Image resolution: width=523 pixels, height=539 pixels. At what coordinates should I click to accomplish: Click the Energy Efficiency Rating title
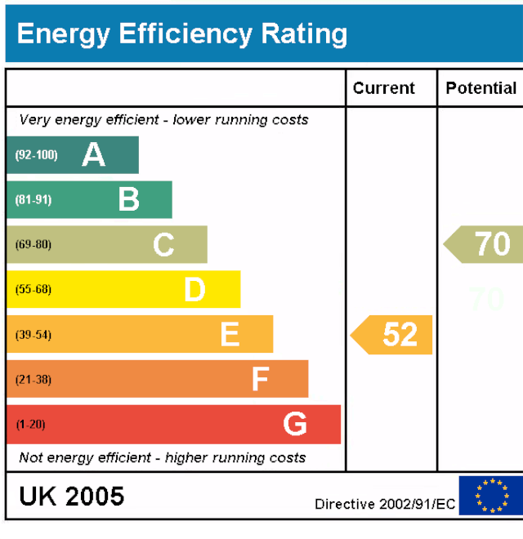click(181, 34)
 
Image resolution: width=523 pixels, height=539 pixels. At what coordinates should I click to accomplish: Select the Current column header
click(384, 88)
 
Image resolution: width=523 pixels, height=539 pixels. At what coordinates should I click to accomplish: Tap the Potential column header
click(481, 88)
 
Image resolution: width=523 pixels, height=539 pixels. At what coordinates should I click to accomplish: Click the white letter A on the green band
click(94, 154)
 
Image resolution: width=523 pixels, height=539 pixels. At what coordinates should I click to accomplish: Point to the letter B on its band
click(128, 199)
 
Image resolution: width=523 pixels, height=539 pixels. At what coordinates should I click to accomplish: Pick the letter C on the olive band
click(163, 244)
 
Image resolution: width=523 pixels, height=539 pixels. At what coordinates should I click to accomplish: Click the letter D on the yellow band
click(194, 289)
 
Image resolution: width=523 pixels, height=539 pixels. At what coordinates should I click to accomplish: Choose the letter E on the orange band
click(230, 334)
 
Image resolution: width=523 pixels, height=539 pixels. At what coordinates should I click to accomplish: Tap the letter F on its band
click(260, 379)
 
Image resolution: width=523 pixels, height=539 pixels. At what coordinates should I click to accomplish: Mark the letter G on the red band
click(295, 424)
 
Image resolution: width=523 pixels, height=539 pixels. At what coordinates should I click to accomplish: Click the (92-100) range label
click(36, 154)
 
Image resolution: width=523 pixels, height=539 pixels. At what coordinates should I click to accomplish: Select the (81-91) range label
click(33, 199)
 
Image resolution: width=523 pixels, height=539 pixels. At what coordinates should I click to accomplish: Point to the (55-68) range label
click(33, 289)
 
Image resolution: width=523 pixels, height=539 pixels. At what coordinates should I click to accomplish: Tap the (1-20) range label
click(30, 424)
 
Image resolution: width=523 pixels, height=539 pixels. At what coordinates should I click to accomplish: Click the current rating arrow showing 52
click(393, 334)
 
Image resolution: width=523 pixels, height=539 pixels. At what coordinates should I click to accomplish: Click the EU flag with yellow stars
click(491, 496)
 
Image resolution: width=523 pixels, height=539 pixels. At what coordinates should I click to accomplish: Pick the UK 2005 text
click(72, 496)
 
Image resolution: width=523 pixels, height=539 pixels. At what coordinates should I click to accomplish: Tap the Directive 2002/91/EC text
click(385, 504)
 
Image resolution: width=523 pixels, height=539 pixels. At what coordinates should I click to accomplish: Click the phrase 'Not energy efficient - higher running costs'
click(163, 457)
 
